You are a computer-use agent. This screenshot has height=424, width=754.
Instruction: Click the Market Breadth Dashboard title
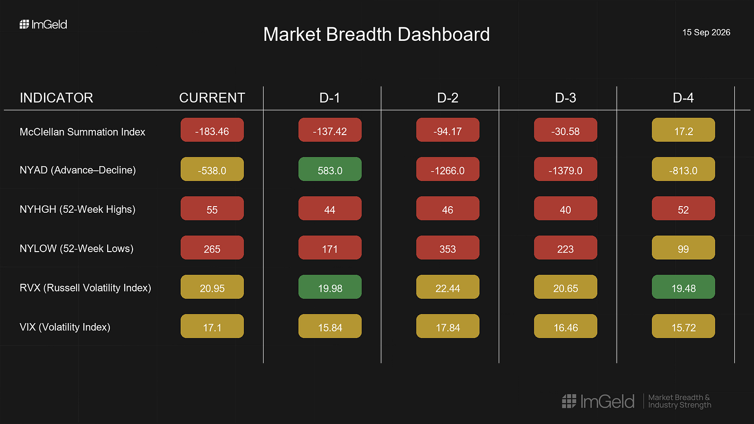[x=376, y=34]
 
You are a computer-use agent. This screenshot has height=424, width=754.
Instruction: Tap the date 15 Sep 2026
[x=706, y=32]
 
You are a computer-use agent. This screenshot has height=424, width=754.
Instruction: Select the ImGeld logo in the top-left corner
[x=44, y=24]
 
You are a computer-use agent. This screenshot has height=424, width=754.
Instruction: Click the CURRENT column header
[x=212, y=98]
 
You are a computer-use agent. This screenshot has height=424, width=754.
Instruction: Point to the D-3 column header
[x=565, y=98]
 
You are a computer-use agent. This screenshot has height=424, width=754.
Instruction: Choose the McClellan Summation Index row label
[x=82, y=132]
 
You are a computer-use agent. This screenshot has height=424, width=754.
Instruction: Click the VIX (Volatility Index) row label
[x=65, y=327]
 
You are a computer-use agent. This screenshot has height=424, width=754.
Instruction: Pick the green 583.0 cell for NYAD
[x=330, y=169]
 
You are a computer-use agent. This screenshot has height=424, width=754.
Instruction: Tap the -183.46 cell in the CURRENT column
[x=212, y=130]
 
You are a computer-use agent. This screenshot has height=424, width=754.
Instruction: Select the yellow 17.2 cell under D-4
[x=684, y=130]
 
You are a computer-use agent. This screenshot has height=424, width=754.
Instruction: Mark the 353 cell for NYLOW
[x=447, y=247]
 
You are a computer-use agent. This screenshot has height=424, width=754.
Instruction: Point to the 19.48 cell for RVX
[x=684, y=287]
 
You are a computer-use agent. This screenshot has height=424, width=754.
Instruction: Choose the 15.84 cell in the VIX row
[x=330, y=326]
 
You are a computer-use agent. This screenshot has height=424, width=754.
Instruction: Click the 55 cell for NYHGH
[x=212, y=208]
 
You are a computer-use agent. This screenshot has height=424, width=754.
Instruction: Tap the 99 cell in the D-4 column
[x=684, y=247]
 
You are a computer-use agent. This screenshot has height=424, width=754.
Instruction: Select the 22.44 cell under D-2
[x=447, y=287]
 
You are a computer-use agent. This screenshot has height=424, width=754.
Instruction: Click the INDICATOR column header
[x=56, y=98]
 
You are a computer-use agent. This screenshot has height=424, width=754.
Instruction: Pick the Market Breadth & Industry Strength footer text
[x=679, y=401]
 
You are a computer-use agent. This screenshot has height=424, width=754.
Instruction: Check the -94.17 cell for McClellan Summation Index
[x=447, y=130]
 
